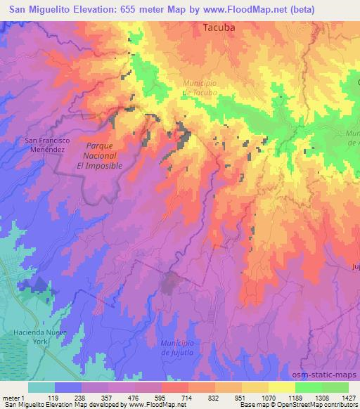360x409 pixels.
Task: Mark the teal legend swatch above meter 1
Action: (x=41, y=387)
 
